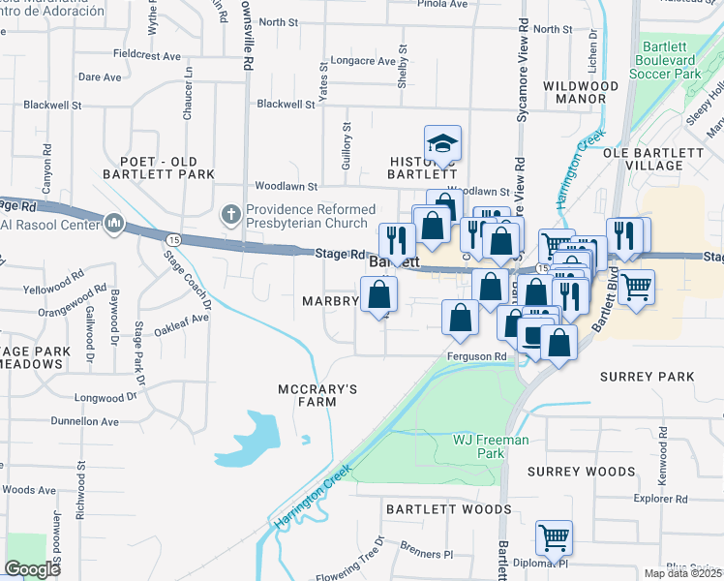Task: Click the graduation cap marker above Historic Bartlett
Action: click(x=442, y=143)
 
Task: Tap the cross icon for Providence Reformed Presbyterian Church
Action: click(x=230, y=211)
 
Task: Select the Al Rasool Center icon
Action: click(x=115, y=225)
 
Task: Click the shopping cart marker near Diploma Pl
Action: click(x=553, y=537)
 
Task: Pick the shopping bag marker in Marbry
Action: click(x=378, y=294)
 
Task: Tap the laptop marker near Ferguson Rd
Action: click(x=533, y=335)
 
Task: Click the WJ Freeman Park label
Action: click(x=491, y=446)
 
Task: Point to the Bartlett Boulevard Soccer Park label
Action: click(x=680, y=60)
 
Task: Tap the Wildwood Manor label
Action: click(x=581, y=93)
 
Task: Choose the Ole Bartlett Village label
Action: click(x=654, y=159)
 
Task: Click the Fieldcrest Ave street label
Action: click(x=147, y=55)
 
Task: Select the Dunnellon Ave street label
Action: click(x=84, y=422)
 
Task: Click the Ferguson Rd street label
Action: click(x=477, y=356)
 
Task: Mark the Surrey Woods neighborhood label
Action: click(x=582, y=471)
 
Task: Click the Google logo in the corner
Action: click(x=33, y=569)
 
